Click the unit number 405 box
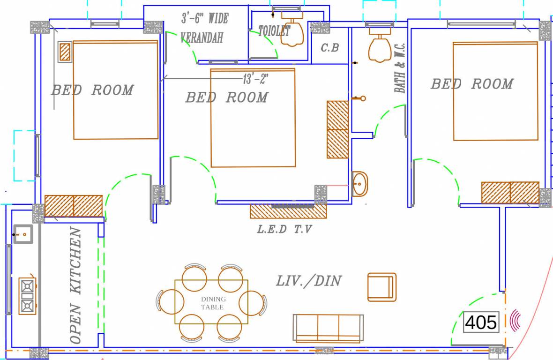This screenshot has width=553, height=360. pos(481,322)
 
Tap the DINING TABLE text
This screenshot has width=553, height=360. pos(213,303)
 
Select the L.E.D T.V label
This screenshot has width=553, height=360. pos(284,230)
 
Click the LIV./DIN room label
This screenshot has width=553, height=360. pos(308,281)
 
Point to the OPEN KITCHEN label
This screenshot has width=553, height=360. pos(75,285)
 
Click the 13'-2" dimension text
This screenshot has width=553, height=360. pos(255,79)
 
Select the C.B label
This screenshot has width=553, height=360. pos(329,48)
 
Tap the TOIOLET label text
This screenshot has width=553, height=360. pos(275,31)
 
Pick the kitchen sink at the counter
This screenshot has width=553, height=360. pos(23,234)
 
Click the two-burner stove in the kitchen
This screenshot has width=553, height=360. pos(27,296)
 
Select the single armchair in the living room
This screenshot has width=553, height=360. pos(381,287)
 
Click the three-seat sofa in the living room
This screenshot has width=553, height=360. pos(328,328)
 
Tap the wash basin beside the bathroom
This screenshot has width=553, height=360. pos(360,184)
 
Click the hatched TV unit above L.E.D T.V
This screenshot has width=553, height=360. pos(288,211)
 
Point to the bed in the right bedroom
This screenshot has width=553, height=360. pos(495,91)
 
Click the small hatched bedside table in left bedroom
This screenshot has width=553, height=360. pos(65,52)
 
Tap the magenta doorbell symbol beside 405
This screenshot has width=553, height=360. pos(516,320)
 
